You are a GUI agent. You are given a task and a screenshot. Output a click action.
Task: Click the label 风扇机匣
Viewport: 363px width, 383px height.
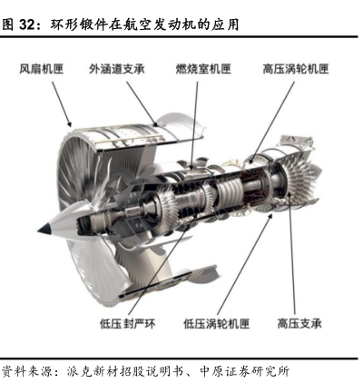[42, 69]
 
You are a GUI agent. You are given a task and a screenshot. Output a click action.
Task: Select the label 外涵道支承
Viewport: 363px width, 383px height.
[117, 69]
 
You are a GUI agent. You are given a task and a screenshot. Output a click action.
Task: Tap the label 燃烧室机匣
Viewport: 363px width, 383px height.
[203, 69]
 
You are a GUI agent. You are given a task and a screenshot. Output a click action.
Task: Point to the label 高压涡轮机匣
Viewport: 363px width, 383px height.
[296, 69]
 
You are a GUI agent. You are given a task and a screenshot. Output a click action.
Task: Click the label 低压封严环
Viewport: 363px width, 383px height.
[128, 324]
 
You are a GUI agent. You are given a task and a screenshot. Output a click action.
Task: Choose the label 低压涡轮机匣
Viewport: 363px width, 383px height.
[217, 324]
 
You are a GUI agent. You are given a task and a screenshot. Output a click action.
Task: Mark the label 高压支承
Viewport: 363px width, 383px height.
[299, 324]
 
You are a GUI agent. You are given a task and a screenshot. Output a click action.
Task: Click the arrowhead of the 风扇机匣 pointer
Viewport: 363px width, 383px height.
[70, 124]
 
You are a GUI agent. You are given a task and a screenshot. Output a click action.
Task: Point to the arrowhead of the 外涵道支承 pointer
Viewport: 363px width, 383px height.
[155, 123]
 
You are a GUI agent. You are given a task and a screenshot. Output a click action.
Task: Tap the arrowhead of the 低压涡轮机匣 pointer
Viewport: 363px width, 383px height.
[270, 217]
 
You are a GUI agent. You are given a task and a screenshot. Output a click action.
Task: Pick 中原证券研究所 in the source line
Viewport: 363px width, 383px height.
[245, 371]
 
